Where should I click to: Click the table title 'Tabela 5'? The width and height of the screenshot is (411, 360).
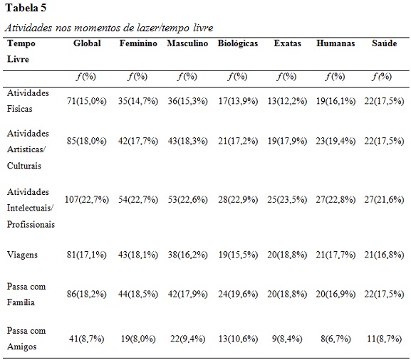tap(26, 8)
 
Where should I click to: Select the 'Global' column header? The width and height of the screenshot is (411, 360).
tap(87, 43)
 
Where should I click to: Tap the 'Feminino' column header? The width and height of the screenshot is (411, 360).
tap(138, 43)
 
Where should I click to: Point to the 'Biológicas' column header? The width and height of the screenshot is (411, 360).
tap(238, 43)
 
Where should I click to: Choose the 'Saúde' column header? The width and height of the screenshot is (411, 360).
tap(384, 43)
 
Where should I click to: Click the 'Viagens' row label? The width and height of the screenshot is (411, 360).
tap(22, 255)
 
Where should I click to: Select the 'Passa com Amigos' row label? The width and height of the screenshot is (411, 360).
tap(26, 339)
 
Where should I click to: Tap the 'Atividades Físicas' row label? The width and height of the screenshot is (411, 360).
tap(28, 101)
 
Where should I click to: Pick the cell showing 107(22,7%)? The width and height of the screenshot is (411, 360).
tap(87, 200)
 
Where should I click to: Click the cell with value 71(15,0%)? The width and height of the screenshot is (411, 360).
tap(87, 101)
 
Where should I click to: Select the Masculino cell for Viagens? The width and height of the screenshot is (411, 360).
tap(187, 255)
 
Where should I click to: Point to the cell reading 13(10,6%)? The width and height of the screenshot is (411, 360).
tap(238, 339)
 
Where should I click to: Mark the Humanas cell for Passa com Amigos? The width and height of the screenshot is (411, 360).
tap(335, 339)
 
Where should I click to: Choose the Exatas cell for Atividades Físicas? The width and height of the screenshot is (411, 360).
tap(287, 101)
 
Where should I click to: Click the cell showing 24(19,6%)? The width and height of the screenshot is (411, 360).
tap(238, 294)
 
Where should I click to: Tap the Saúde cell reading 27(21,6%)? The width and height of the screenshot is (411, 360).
tap(384, 200)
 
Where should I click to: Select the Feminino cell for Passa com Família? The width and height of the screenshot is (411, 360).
tap(138, 294)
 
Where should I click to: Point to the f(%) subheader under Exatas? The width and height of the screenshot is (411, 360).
tap(286, 76)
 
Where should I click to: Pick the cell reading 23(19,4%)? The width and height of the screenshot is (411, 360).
tap(335, 141)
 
